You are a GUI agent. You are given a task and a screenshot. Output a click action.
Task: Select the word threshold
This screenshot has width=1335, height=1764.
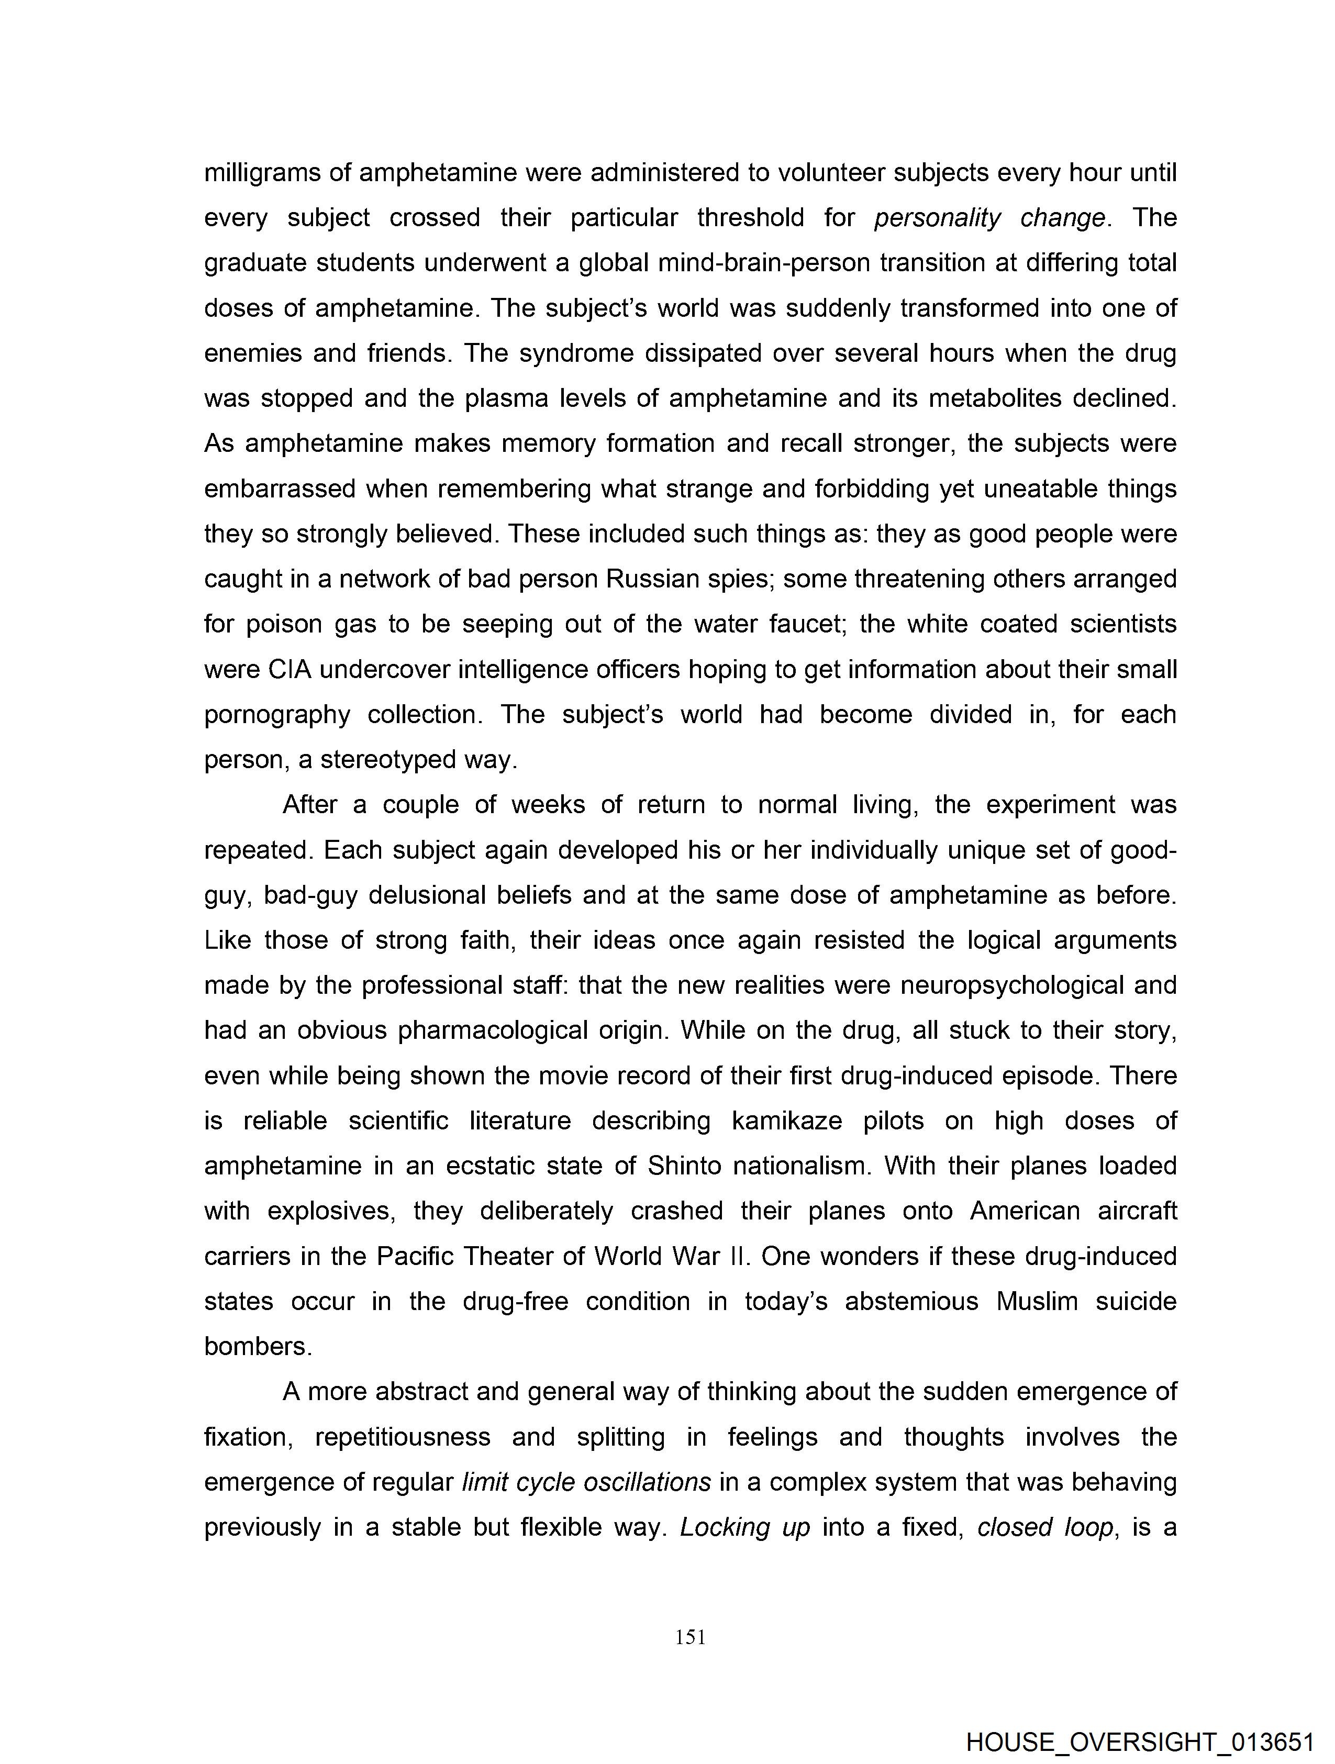(x=750, y=218)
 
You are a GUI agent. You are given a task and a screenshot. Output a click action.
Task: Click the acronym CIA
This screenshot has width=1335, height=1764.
(x=288, y=669)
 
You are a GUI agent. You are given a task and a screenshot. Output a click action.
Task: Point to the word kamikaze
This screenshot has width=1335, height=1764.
(x=786, y=1120)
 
